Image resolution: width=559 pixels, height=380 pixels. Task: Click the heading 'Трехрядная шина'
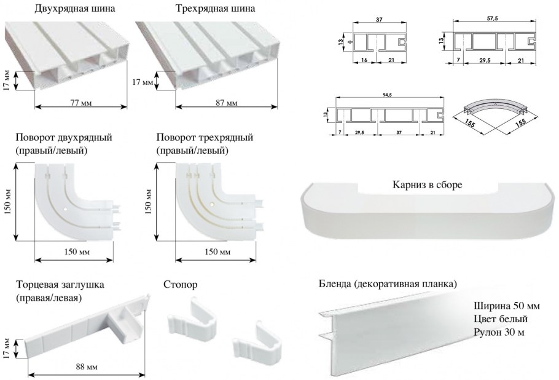coord(215,9)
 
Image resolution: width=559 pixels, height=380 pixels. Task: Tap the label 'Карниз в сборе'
coord(426,184)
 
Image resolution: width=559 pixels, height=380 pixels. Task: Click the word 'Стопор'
coord(182,285)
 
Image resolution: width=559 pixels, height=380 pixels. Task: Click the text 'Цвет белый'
coord(500,319)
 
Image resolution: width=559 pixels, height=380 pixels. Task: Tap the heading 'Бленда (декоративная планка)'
coord(388,284)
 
